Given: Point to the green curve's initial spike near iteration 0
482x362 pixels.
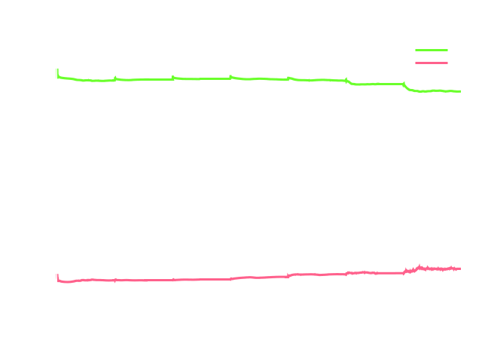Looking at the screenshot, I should [x=57, y=72].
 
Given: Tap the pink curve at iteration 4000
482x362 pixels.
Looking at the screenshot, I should [x=211, y=279].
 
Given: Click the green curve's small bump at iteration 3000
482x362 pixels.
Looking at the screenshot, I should [x=172, y=77].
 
